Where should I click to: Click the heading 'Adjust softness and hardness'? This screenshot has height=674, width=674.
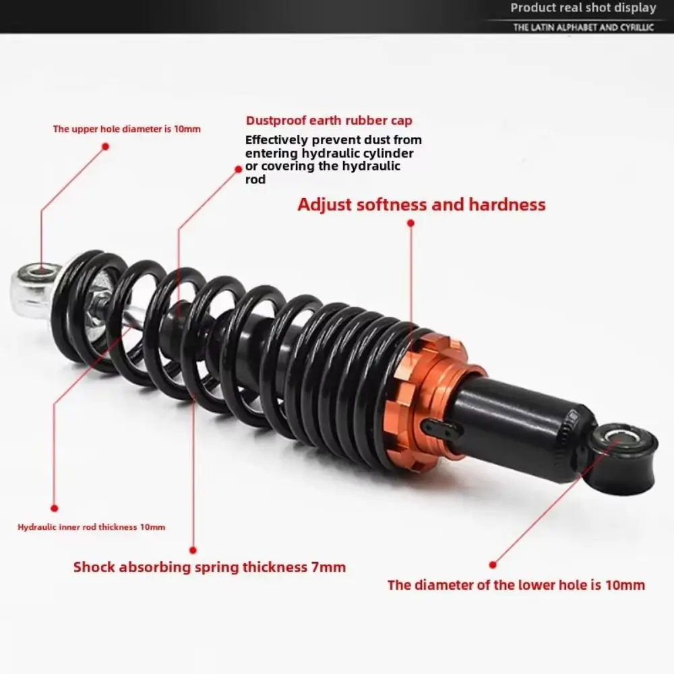421,204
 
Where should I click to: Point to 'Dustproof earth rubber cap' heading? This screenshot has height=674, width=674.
329,121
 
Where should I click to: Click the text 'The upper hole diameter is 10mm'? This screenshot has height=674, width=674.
127,129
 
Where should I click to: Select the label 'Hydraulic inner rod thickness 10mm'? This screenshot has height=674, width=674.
91,527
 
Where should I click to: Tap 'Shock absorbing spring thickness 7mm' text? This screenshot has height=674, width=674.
209,567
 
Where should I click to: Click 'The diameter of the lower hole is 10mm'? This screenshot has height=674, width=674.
516,584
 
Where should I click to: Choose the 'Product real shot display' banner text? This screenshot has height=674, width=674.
582,8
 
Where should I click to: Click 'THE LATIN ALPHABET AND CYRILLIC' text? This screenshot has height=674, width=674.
584,28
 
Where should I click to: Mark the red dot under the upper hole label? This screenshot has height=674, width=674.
105,146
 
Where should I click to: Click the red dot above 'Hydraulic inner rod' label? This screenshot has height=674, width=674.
55,508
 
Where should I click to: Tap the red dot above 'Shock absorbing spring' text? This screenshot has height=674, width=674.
193,550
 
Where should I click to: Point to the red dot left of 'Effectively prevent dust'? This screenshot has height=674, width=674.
238,170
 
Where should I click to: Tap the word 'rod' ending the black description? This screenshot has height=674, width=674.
255,179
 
